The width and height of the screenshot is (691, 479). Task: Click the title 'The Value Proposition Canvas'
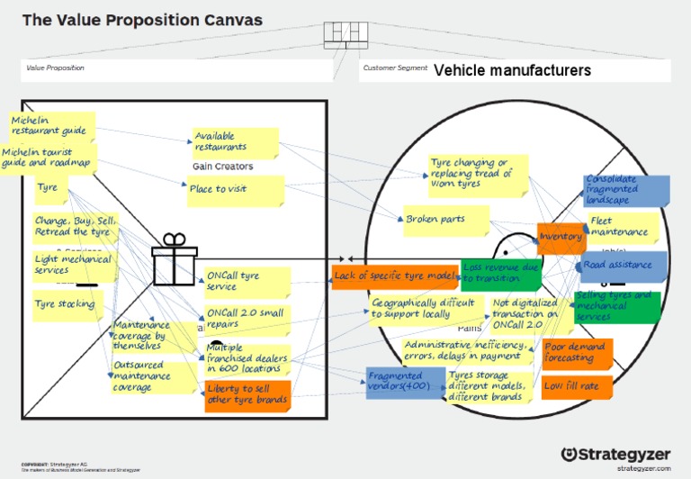coord(142,20)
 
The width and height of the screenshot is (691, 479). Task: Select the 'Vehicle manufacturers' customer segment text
coord(512,70)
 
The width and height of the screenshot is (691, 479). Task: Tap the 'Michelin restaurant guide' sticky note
coord(49,125)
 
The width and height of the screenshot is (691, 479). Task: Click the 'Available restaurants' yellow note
coord(232,142)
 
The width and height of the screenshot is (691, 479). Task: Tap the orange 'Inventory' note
coord(561,237)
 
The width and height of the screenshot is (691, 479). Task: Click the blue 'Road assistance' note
coord(622,266)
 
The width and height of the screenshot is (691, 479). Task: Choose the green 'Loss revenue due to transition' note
coord(501,273)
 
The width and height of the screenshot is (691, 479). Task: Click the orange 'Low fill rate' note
coord(577,386)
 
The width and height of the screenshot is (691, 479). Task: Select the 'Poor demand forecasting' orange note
coord(577,353)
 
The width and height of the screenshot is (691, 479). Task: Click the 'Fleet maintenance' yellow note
coord(621,227)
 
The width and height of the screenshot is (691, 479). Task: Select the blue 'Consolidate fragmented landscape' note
coord(626,190)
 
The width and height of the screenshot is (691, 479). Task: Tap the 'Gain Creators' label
coord(222,167)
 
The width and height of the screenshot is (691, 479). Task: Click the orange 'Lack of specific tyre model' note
coord(393,276)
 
